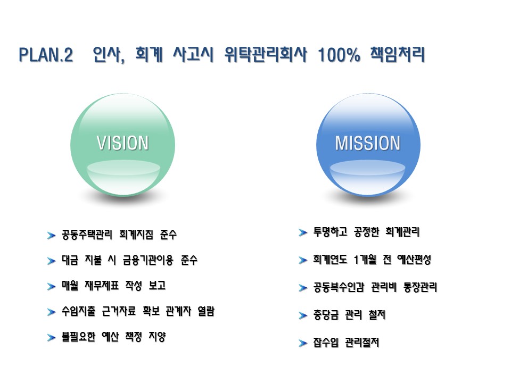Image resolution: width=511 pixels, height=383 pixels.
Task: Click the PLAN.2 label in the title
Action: click(x=46, y=55)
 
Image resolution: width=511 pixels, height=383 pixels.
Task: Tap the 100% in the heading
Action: click(x=339, y=55)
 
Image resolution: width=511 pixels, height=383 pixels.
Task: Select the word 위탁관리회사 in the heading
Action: click(x=265, y=54)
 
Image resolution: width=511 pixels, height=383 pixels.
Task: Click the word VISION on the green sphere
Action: click(x=122, y=143)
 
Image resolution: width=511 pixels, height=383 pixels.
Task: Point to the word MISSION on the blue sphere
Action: click(x=368, y=143)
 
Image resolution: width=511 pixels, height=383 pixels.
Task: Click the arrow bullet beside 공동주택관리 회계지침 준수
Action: click(x=51, y=235)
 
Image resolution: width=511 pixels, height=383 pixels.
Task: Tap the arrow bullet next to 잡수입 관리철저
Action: click(x=303, y=343)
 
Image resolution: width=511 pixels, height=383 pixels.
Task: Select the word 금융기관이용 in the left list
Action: click(x=148, y=260)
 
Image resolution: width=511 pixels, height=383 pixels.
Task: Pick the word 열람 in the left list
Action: click(x=206, y=311)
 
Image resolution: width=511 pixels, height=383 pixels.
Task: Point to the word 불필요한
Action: click(x=79, y=336)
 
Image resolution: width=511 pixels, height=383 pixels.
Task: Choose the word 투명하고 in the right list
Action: click(x=330, y=232)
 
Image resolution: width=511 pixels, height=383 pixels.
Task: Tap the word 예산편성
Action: click(x=414, y=260)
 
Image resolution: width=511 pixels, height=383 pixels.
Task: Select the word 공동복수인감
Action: click(x=339, y=287)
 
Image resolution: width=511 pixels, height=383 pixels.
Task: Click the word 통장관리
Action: click(x=420, y=287)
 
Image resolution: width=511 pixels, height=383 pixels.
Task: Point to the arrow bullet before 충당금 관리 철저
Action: click(x=303, y=315)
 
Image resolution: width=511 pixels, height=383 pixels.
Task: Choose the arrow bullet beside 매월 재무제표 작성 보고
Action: click(x=51, y=286)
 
